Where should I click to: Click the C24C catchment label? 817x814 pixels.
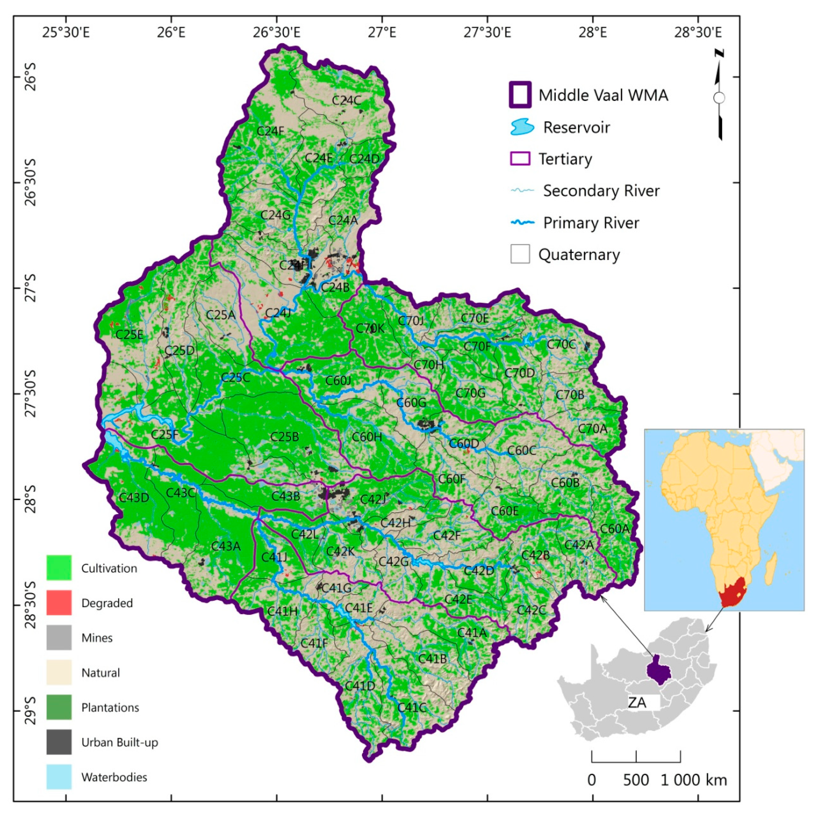pos(346,100)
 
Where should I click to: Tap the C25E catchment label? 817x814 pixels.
pos(129,335)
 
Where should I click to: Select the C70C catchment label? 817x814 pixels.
pos(561,344)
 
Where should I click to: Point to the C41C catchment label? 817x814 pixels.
pos(411,707)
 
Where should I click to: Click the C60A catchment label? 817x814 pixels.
pos(615,529)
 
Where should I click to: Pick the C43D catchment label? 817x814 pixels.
pos(134,497)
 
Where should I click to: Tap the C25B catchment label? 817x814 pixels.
pos(284,436)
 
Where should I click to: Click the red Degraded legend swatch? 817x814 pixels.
pos(59,602)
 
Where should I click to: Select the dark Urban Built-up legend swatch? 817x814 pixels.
pos(59,742)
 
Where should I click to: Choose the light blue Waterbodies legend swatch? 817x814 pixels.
pos(59,777)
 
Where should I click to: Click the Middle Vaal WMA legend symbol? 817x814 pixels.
pos(520,95)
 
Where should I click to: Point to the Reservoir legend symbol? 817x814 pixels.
pos(522,127)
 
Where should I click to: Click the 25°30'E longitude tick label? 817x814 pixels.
pos(66,32)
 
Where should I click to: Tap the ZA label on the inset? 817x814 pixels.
pos(637,703)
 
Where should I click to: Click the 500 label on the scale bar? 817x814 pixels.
pos(636,780)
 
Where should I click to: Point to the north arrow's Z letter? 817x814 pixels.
pos(719,53)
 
